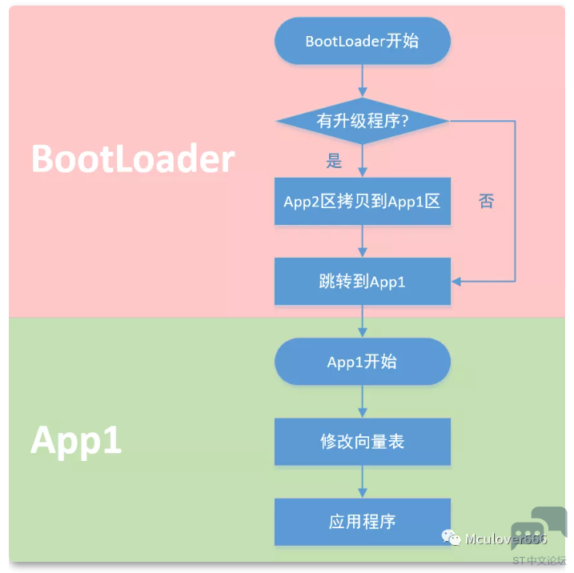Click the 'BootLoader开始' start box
pos(363,41)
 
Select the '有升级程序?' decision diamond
pos(363,121)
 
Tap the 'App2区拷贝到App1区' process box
pos(363,201)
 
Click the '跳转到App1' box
pos(363,282)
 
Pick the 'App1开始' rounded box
pos(363,362)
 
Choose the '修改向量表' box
pos(363,442)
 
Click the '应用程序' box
pos(363,522)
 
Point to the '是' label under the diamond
pos(334,161)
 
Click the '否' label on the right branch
pos(487,201)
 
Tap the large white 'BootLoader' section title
pos(133,158)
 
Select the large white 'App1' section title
pos(76,440)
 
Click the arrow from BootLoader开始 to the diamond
pos(363,82)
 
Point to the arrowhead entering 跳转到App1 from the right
pos(456,282)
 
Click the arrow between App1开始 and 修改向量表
pos(363,402)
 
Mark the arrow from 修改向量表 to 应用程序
pos(363,482)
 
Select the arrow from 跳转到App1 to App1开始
pos(363,321)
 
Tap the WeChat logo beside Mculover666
pos(451,538)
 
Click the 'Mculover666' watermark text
pos(506,539)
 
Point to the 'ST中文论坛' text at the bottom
pos(540,560)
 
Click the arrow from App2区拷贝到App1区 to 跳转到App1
pos(363,241)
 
